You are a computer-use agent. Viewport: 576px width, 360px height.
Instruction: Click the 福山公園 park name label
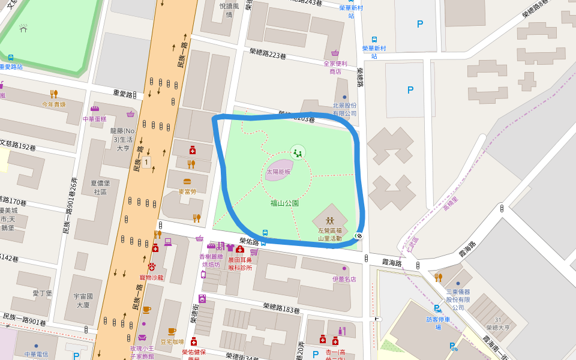click(x=284, y=203)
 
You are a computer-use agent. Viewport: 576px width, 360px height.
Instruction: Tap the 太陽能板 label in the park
click(x=278, y=172)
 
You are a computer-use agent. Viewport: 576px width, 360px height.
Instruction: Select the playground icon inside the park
click(x=298, y=152)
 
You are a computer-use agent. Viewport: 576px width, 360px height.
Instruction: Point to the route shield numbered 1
click(x=146, y=163)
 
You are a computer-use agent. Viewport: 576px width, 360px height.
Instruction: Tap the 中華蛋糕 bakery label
click(x=94, y=119)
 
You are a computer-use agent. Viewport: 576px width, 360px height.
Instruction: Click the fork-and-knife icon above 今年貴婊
click(x=54, y=94)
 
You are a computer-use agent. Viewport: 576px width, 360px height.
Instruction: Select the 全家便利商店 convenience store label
click(x=335, y=67)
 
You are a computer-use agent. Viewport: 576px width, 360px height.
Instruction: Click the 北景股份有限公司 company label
click(x=344, y=109)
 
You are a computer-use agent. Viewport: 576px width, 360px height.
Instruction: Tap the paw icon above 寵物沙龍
click(x=151, y=266)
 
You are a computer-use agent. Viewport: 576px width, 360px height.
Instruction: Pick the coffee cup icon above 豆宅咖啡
click(x=172, y=331)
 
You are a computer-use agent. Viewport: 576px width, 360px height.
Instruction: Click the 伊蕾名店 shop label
click(x=344, y=279)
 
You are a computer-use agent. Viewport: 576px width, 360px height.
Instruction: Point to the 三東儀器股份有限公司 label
click(x=458, y=299)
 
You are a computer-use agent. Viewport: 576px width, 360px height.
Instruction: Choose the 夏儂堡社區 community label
click(x=100, y=187)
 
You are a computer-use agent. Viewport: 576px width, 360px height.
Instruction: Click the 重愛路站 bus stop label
click(x=11, y=67)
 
